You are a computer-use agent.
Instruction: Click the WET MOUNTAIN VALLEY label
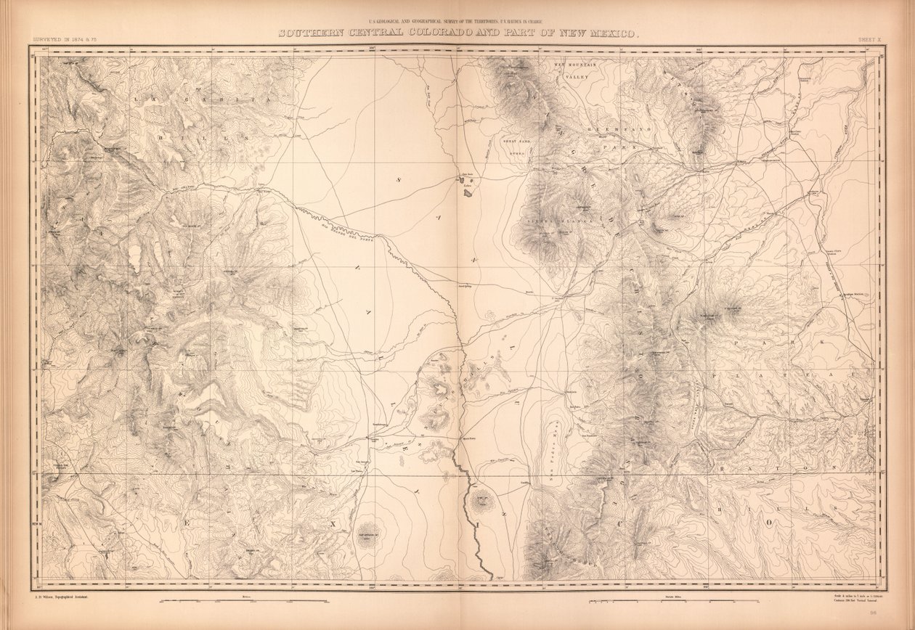tap(575, 70)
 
